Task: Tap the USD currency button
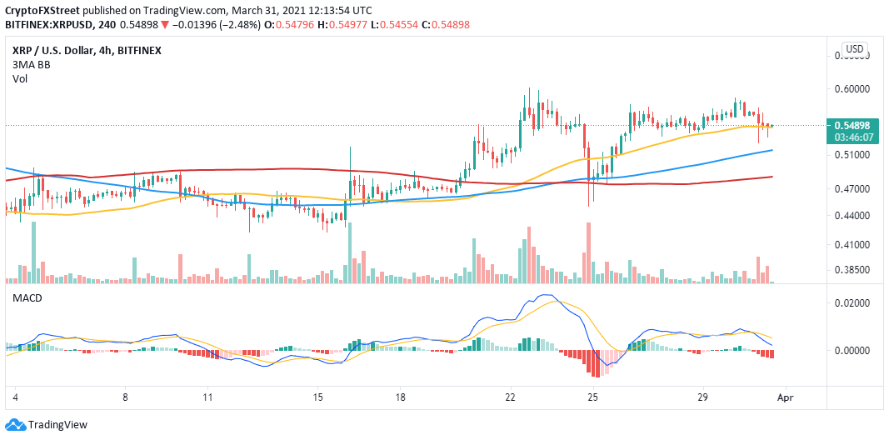(x=854, y=49)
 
